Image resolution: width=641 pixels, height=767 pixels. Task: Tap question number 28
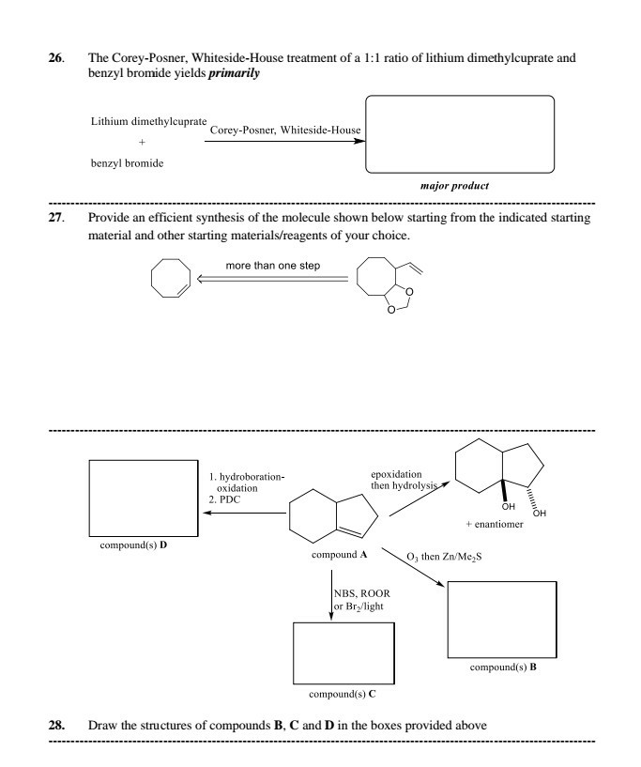tap(55, 726)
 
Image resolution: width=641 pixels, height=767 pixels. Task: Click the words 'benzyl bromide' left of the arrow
tap(127, 163)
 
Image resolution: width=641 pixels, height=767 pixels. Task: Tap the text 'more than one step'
tap(273, 265)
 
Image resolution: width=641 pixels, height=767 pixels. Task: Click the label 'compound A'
tap(338, 555)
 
